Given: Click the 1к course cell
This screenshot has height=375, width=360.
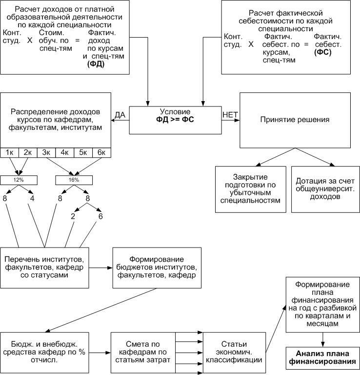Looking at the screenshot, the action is coord(10,152).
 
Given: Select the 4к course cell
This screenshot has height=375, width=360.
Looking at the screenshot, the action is coord(64,152).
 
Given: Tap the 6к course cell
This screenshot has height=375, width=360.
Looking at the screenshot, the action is coord(101,152).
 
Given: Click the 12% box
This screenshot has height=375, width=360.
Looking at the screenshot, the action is coord(19,180).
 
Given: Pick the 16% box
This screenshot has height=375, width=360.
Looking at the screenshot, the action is coord(74,180).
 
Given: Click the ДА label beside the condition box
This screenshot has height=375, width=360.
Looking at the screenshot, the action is coord(120,115).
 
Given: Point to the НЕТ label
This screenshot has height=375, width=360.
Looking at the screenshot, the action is coord(230,115).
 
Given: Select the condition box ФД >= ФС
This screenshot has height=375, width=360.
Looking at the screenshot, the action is coord(175,120).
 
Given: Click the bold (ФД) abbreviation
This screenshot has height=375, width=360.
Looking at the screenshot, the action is coord(96,64).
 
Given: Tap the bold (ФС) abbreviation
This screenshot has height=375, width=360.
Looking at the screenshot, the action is coord(323,52).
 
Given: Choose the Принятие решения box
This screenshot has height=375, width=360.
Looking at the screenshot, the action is coord(295,120).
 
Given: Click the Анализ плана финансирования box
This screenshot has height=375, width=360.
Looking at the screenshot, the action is coord(323,357).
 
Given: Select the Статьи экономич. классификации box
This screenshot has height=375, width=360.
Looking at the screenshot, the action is coord(234,353).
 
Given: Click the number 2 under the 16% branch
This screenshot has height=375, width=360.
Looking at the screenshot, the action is coord(73,216).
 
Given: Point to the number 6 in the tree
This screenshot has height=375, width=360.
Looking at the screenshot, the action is coord(100,216).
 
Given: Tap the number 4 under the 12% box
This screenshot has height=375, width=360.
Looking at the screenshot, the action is coord(32,198).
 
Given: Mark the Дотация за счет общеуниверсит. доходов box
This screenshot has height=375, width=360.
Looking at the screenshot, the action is coord(325,189).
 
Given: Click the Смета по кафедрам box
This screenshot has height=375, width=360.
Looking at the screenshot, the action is coord(143,353).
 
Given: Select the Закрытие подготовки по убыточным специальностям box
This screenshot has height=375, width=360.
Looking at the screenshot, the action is coord(251,189).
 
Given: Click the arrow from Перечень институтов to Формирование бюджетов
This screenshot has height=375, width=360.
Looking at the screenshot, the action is coord(100,268).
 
